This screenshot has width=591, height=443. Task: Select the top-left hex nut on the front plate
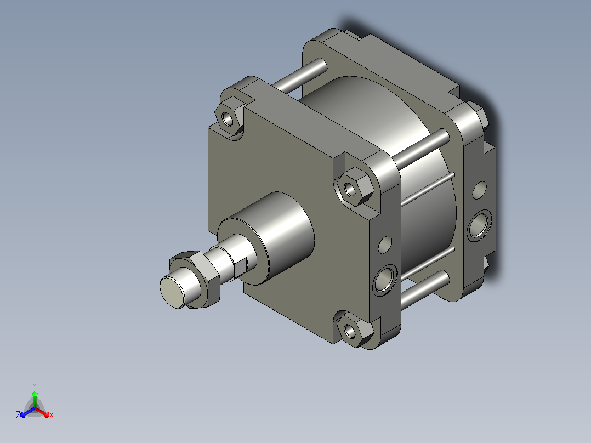[x=229, y=118]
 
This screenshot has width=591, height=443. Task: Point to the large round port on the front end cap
[x=385, y=280]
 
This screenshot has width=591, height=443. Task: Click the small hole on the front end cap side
[x=385, y=245]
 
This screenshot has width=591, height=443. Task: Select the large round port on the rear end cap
[x=479, y=225]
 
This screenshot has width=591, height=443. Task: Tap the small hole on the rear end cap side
[x=479, y=190]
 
